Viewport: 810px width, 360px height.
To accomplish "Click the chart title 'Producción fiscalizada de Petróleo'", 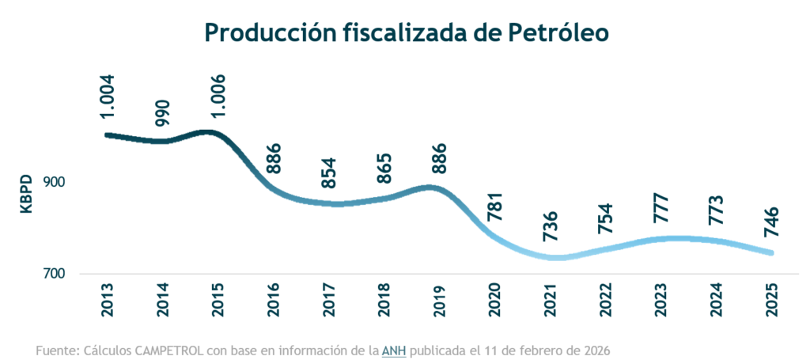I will [x=404, y=32].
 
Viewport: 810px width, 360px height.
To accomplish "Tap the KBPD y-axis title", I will [x=26, y=193].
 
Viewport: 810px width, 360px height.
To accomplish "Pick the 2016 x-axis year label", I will [x=274, y=301].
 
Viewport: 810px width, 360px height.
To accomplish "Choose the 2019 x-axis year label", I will [x=441, y=301].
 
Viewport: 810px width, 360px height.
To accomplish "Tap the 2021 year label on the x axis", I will [x=551, y=301].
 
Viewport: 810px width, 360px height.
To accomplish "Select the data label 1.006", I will [x=219, y=96].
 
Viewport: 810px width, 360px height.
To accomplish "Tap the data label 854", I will [x=330, y=173].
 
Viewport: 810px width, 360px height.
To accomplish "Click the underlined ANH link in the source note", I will [x=393, y=350].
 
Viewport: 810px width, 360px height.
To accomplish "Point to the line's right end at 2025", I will [x=770, y=253].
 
